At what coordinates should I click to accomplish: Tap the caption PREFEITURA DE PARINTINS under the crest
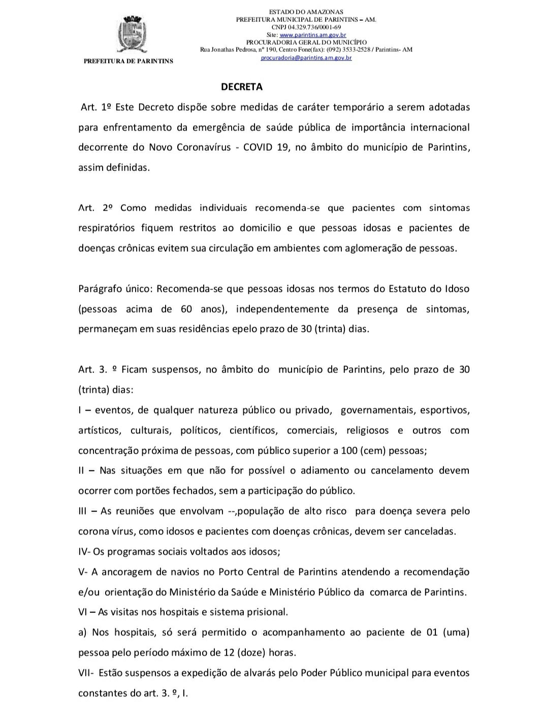[x=128, y=61]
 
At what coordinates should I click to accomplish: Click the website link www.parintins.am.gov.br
[x=313, y=35]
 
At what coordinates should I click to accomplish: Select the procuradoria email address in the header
[x=306, y=58]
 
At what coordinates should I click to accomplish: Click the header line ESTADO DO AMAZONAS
[x=306, y=12]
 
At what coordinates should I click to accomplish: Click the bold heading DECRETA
[x=242, y=87]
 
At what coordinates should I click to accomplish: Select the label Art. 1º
[x=96, y=107]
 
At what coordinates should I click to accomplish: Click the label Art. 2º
[x=96, y=208]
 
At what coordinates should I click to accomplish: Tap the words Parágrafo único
[x=116, y=289]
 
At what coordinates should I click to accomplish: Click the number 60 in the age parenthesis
[x=186, y=308]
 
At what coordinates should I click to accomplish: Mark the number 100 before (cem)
[x=349, y=450]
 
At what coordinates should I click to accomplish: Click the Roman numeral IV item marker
[x=84, y=552]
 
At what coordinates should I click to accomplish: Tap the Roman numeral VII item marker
[x=85, y=673]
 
